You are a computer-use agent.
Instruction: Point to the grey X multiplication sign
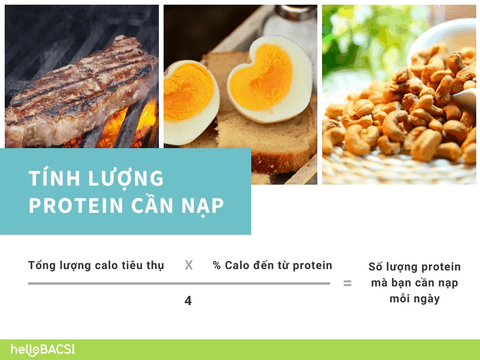[188, 265]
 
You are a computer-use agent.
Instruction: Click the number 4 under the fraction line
[188, 301]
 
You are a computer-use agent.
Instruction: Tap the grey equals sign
[347, 284]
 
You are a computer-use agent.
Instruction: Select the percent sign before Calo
[217, 266]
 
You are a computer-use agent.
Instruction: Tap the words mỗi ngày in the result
[414, 299]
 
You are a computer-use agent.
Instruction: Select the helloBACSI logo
[43, 350]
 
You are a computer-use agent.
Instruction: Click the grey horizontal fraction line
[179, 284]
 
